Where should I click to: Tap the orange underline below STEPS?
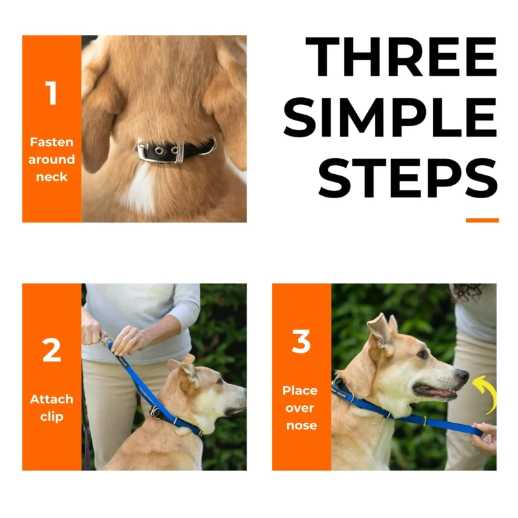pyautogui.click(x=482, y=220)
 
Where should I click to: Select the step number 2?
pyautogui.click(x=51, y=350)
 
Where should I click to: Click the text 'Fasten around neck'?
pyautogui.click(x=51, y=159)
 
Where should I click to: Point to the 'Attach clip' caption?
pyautogui.click(x=51, y=408)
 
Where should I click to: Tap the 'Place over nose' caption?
pyautogui.click(x=301, y=408)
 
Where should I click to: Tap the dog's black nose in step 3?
pyautogui.click(x=462, y=376)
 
